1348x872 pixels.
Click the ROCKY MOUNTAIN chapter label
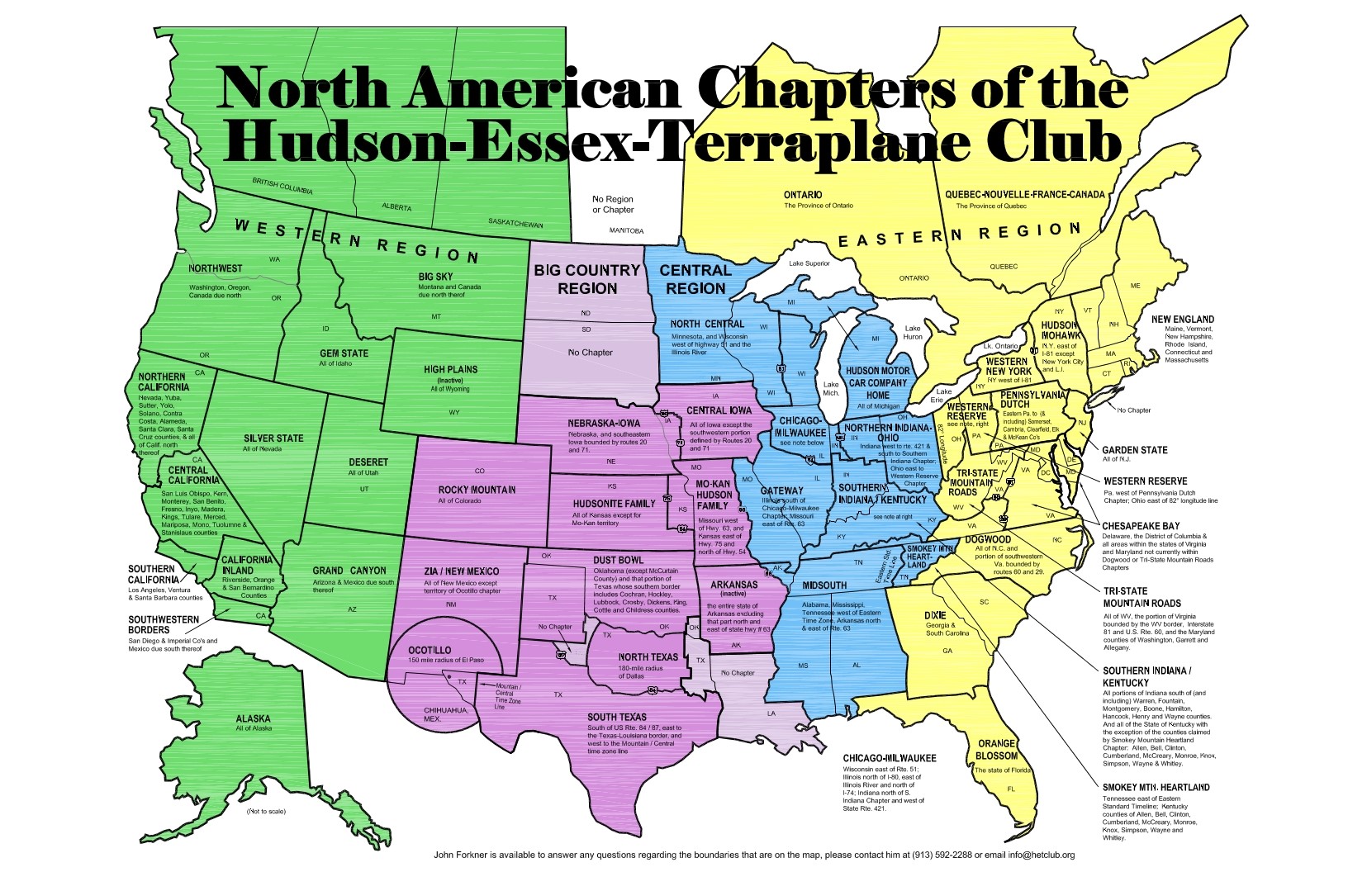[477, 490]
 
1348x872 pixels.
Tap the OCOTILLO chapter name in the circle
[430, 650]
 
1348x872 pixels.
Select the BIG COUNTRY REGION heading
[586, 279]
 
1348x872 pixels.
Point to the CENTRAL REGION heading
[695, 279]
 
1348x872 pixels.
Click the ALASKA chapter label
[253, 718]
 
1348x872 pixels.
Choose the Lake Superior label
[809, 263]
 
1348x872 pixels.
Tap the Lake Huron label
[913, 332]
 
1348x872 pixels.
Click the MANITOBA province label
[626, 231]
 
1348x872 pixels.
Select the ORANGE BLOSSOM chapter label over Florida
[996, 749]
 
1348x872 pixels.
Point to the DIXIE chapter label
[935, 615]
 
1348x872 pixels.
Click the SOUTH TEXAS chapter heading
[617, 717]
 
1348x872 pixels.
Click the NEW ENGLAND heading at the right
[1183, 319]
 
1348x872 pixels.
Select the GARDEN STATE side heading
[1134, 450]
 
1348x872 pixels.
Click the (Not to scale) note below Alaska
[266, 811]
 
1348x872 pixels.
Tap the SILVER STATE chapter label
[273, 438]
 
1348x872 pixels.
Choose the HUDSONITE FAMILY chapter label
[614, 503]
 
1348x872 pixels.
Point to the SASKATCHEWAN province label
[515, 223]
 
